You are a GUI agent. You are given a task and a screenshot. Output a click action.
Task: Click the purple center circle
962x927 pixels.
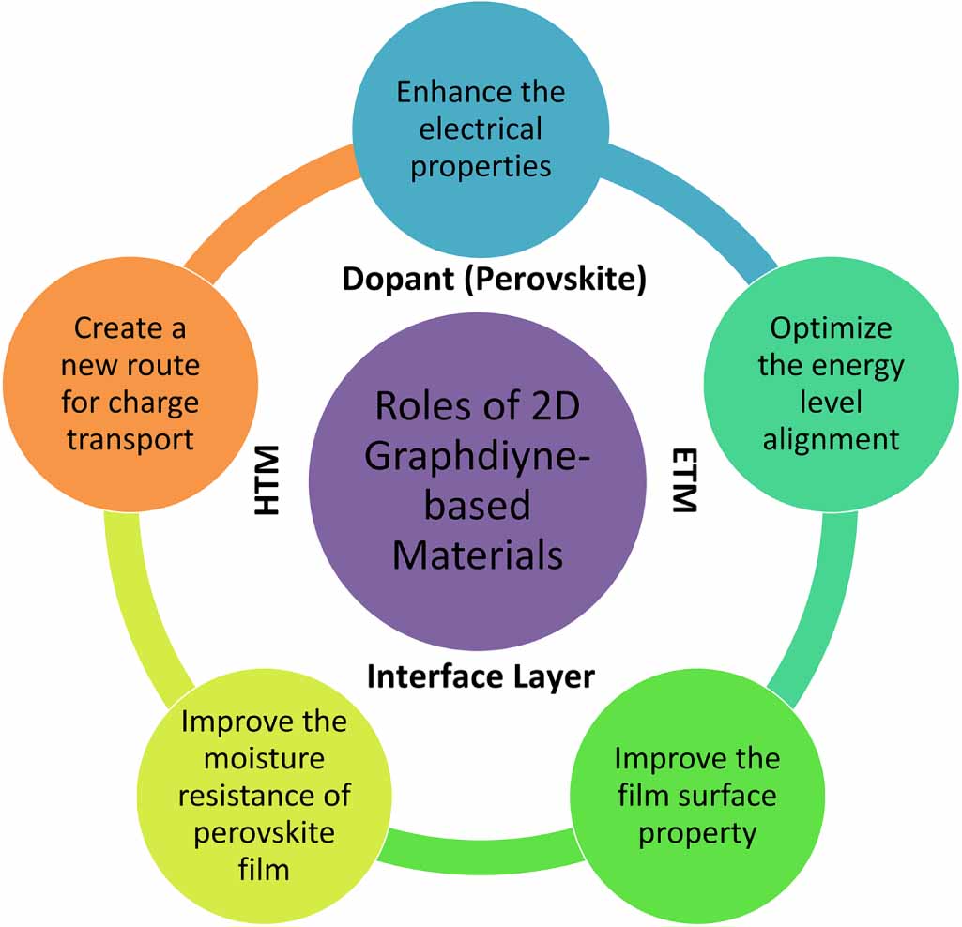click(x=478, y=481)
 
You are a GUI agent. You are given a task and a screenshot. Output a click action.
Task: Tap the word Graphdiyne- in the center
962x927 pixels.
click(x=478, y=458)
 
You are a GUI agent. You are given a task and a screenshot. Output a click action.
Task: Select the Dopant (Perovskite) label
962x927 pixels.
click(x=494, y=280)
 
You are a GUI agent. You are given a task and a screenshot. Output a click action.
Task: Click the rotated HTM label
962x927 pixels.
click(x=267, y=480)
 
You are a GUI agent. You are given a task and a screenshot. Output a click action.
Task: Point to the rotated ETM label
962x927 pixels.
click(x=684, y=480)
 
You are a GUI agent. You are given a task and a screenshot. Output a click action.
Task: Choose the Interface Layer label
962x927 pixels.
click(x=481, y=677)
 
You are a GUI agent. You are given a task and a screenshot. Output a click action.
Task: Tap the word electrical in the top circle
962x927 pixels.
click(x=481, y=129)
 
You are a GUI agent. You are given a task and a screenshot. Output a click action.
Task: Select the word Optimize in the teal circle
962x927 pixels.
click(x=831, y=328)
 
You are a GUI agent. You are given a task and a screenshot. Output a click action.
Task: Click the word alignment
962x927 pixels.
click(x=831, y=440)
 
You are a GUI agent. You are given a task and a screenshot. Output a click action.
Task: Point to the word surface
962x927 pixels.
click(x=727, y=796)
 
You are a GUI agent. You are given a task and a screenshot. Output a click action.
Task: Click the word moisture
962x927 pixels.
click(x=264, y=759)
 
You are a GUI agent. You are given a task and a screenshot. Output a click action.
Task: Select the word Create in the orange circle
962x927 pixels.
click(x=112, y=328)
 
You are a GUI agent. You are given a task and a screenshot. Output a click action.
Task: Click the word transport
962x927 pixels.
click(x=130, y=440)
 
